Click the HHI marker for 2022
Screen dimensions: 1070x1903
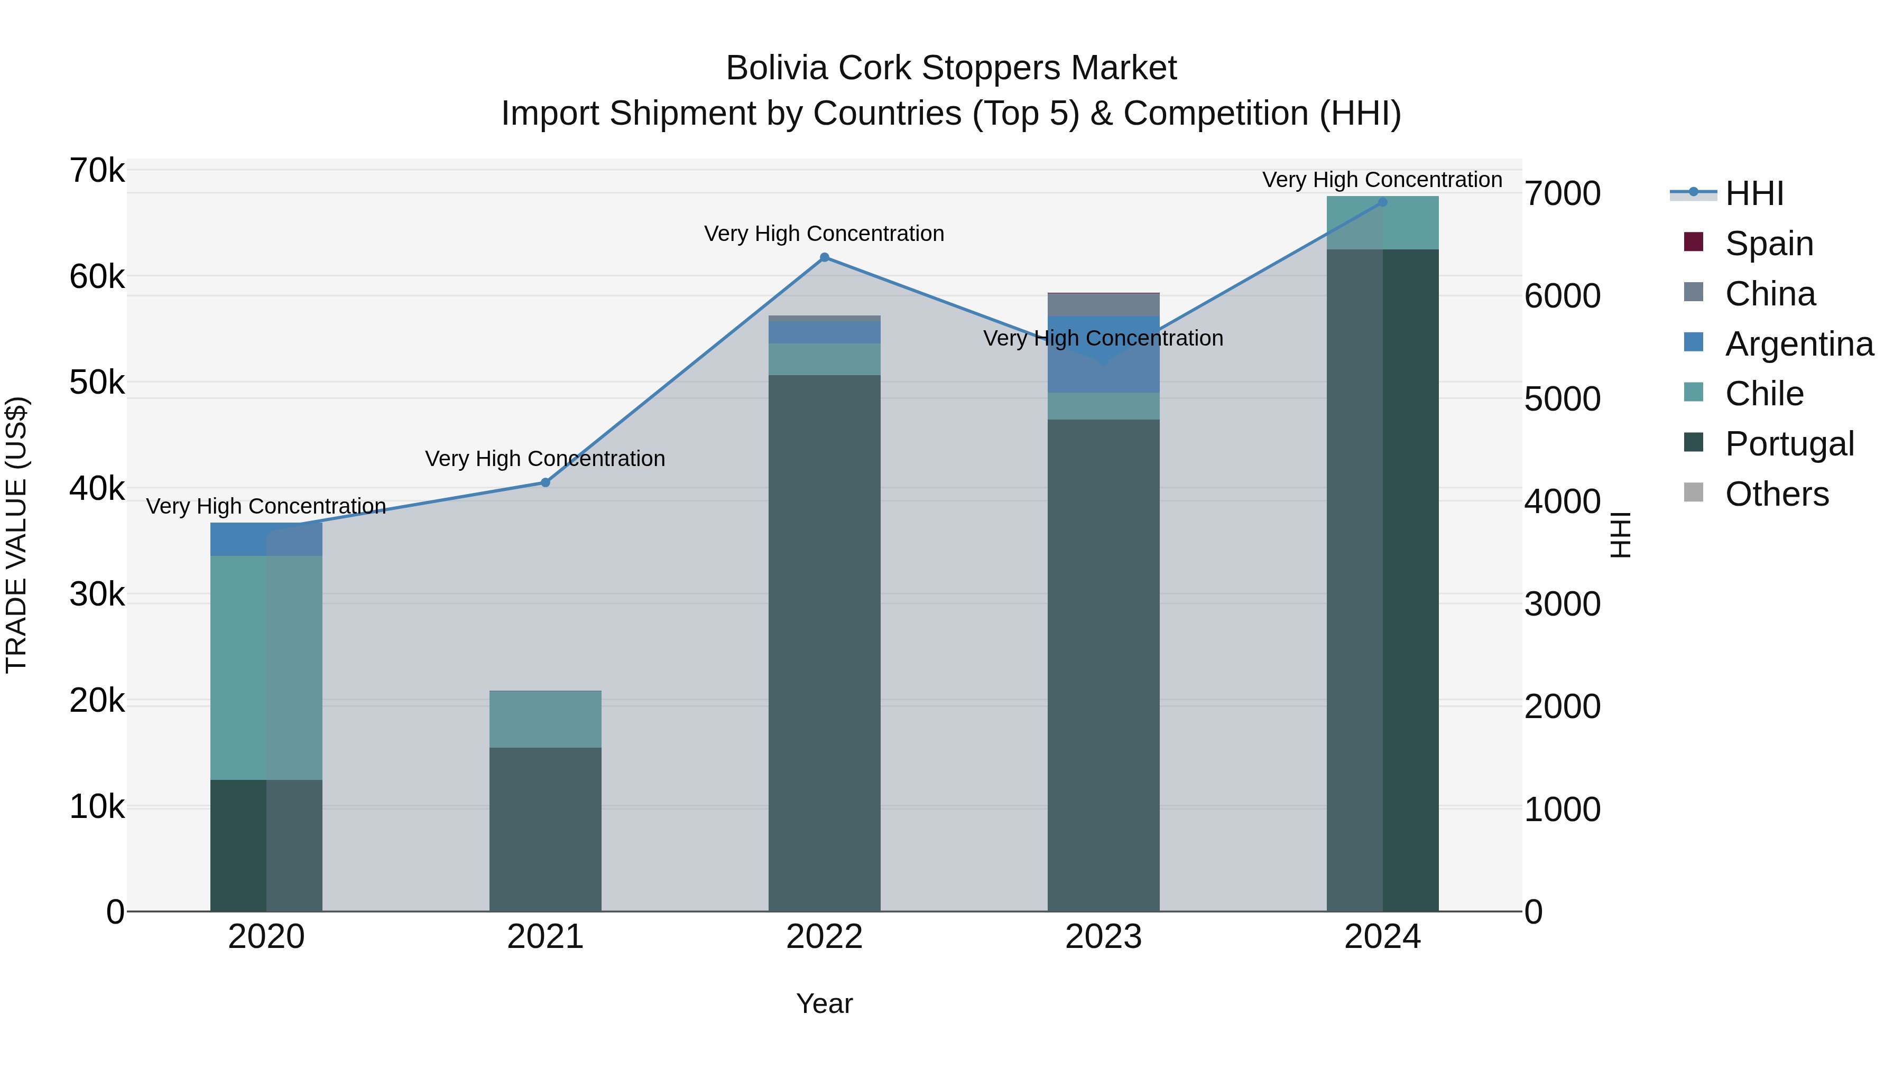point(825,258)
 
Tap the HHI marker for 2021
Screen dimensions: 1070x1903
point(545,483)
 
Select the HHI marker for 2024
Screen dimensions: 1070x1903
point(1382,202)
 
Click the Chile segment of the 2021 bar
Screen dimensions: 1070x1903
point(545,719)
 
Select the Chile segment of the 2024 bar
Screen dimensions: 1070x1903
point(1382,224)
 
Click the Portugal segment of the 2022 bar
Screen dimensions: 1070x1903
point(825,643)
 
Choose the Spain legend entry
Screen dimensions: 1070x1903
point(1769,243)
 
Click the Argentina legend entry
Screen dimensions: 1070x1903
point(1799,343)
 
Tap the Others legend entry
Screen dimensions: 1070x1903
point(1777,494)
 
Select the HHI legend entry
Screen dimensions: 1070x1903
point(1754,193)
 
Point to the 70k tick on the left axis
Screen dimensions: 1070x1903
point(97,171)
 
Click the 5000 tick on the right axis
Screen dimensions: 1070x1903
point(1562,399)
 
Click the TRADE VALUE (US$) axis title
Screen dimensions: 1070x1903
point(16,535)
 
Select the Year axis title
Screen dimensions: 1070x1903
point(825,1003)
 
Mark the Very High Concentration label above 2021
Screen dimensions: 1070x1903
point(545,459)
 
